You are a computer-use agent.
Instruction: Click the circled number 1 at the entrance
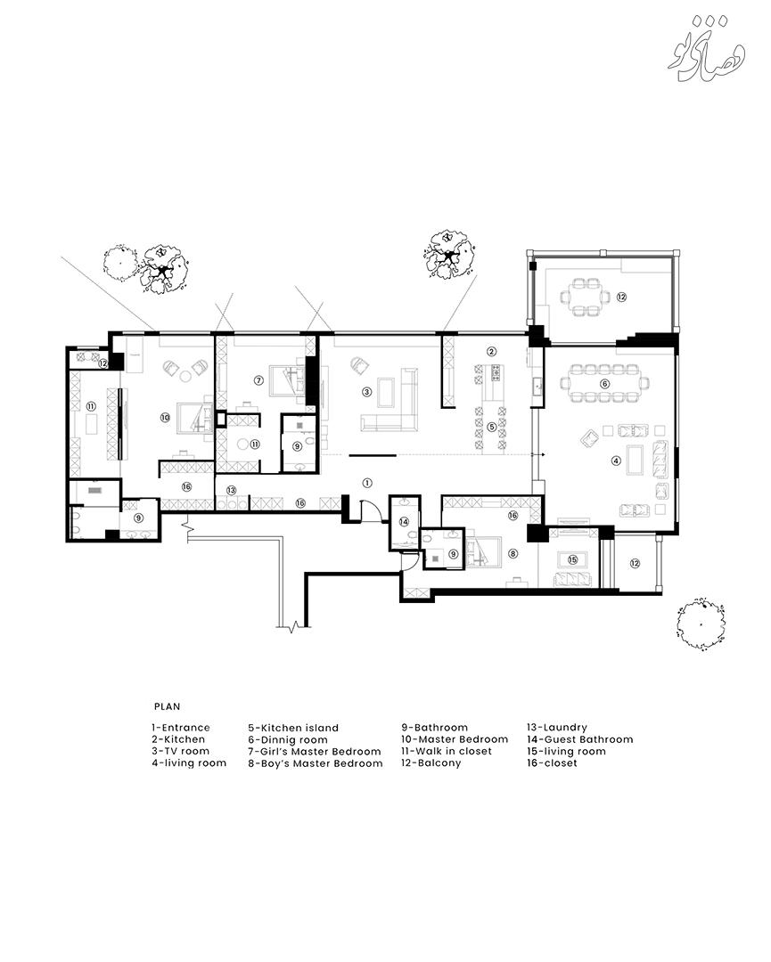[x=367, y=483]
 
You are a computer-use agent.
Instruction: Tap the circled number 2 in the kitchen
[x=491, y=352]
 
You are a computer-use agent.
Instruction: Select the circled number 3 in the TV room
[x=367, y=391]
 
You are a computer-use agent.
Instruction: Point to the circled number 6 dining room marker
[x=604, y=383]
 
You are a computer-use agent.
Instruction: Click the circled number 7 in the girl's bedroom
[x=258, y=380]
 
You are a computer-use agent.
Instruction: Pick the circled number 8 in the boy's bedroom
[x=513, y=553]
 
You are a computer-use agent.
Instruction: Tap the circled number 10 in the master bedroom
[x=165, y=417]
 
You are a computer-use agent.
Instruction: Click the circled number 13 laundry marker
[x=231, y=490]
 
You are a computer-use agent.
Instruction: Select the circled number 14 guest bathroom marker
[x=404, y=521]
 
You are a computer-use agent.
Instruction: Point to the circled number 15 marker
[x=573, y=559]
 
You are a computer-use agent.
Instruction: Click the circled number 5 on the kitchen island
[x=491, y=427]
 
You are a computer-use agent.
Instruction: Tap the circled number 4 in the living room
[x=617, y=461]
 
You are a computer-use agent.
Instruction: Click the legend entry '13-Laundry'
[x=557, y=728]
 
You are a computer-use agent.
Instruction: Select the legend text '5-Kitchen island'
[x=293, y=728]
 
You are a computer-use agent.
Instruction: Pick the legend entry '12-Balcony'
[x=431, y=763]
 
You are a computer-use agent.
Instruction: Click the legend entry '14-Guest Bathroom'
[x=579, y=739]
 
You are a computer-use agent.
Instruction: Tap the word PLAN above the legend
[x=167, y=706]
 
